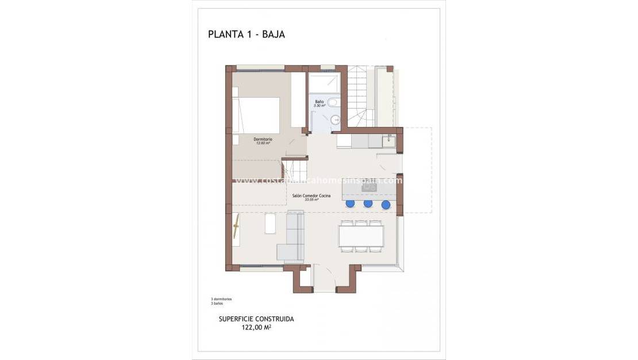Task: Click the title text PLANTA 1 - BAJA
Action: tap(246, 34)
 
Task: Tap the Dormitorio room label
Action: tap(263, 140)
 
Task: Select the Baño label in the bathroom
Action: tap(319, 102)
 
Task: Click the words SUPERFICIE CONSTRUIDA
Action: tap(256, 319)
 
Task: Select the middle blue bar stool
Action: tap(368, 204)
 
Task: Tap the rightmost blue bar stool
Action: tap(386, 204)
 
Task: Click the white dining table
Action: tap(362, 236)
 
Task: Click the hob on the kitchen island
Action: tap(369, 186)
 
